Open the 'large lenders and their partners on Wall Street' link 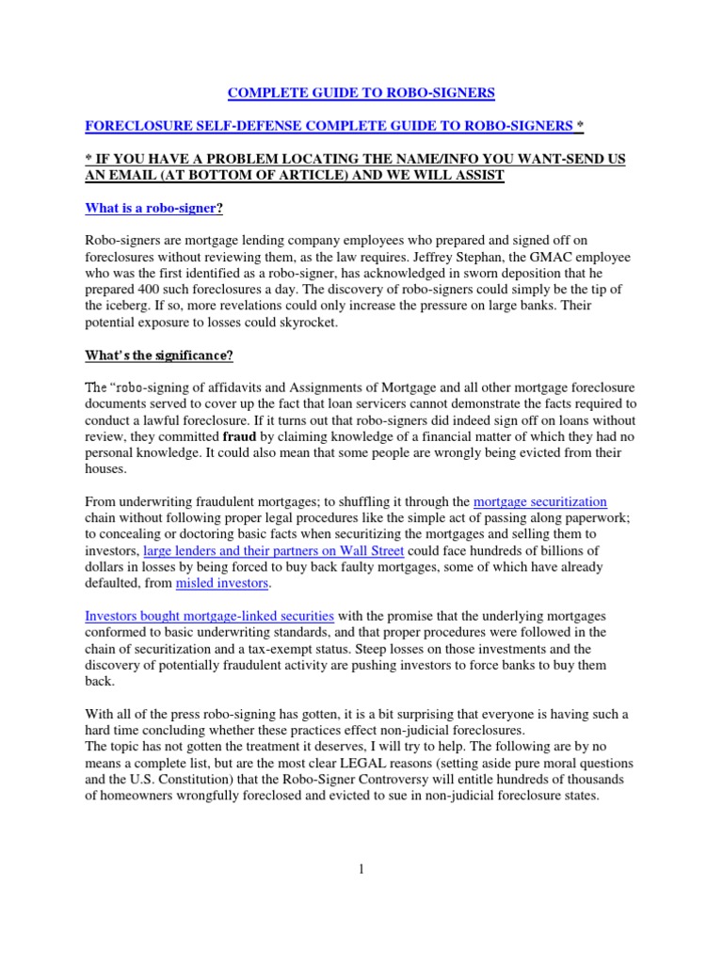pos(273,550)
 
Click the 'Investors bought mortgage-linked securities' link pos(209,616)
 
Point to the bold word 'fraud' pos(248,436)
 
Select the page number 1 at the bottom pos(361,868)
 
